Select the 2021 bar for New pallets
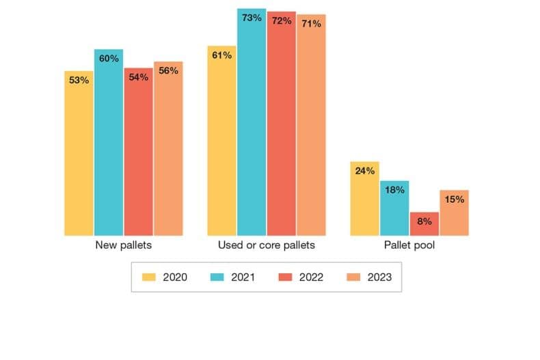coord(109,143)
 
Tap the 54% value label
coord(139,78)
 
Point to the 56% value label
coord(168,70)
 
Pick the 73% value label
coord(252,18)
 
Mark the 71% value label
coord(311,24)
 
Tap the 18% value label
coord(394,190)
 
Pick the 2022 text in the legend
coord(311,277)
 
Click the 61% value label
coord(222,55)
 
